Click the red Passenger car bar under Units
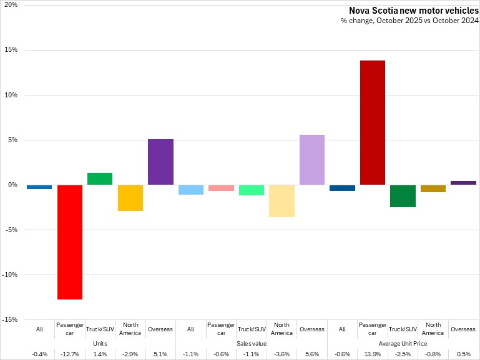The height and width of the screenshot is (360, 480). (70, 242)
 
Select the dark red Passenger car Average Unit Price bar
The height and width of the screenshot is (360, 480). (373, 122)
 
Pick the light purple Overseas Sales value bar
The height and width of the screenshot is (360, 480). (312, 160)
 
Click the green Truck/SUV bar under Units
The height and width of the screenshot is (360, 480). (100, 179)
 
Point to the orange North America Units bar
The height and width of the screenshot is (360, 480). (130, 198)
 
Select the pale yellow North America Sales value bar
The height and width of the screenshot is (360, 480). (282, 201)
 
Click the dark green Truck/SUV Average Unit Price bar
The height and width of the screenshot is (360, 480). (403, 196)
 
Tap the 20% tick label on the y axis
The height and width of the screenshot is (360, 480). (11, 5)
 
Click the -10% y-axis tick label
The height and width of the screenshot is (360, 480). (9, 275)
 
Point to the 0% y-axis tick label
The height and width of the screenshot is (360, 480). (12, 185)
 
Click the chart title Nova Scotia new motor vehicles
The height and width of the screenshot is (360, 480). (413, 10)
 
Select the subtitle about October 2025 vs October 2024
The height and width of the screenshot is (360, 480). (409, 21)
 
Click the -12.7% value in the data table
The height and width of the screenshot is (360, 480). (70, 354)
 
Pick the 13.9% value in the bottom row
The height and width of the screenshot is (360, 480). (373, 354)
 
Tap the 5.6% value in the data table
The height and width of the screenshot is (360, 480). (312, 354)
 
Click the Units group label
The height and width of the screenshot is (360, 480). (100, 343)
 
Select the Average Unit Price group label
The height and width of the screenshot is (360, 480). (403, 343)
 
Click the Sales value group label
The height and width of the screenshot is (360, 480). (252, 343)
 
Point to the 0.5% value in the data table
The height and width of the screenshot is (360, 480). (463, 354)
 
